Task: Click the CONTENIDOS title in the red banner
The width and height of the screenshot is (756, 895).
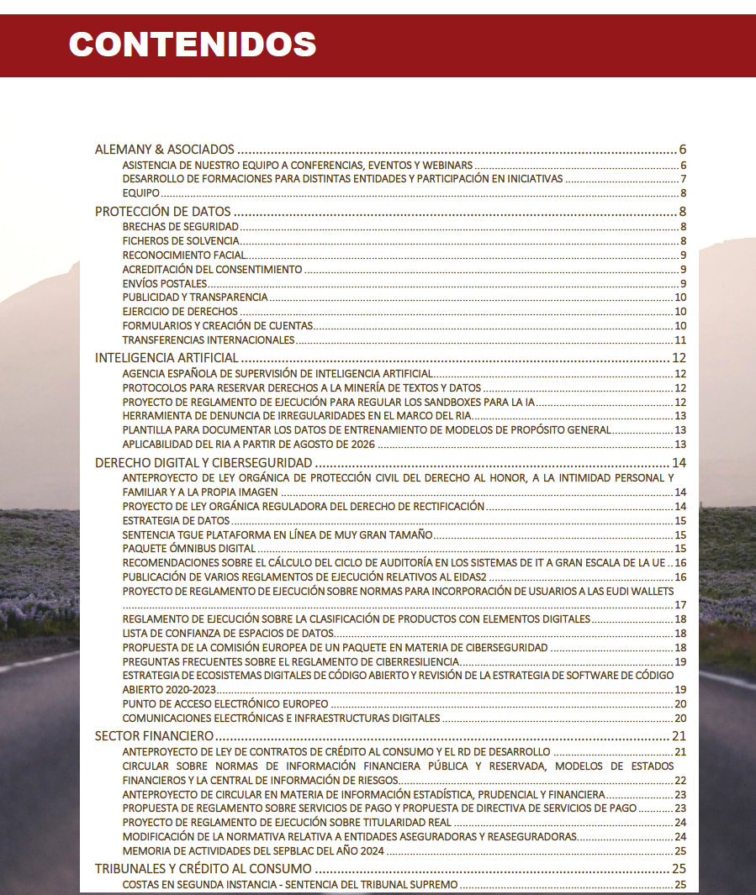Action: tap(193, 44)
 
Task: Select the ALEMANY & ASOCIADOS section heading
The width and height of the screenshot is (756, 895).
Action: tap(164, 150)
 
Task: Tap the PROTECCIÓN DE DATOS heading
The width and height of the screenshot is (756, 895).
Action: tap(162, 212)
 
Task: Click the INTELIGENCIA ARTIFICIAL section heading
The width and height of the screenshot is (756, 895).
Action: tap(167, 358)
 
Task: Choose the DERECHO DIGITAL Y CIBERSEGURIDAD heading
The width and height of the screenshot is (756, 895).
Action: tap(204, 463)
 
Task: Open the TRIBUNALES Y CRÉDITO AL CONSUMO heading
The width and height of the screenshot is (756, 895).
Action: tap(204, 869)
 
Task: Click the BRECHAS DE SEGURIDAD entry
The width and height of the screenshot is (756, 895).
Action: tap(181, 227)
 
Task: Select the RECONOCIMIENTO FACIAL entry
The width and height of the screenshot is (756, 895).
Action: tap(184, 255)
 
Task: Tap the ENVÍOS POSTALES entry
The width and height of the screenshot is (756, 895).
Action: tap(164, 283)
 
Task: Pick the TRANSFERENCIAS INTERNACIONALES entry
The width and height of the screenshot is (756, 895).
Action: tap(209, 340)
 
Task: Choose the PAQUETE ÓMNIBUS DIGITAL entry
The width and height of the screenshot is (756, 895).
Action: tap(188, 549)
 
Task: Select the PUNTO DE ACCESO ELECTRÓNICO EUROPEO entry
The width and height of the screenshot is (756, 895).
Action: tap(225, 703)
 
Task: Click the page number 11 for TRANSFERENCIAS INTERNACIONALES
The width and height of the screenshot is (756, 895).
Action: tap(680, 340)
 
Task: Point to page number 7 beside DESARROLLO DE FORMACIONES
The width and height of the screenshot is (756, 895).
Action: tap(685, 179)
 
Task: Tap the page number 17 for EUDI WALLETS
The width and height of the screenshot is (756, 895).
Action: tap(680, 605)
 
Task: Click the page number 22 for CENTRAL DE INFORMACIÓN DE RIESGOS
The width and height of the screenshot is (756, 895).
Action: tap(680, 780)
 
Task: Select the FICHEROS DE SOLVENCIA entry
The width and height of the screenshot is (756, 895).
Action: tap(181, 241)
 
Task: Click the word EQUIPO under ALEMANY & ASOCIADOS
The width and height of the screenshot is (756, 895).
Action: tap(140, 193)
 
